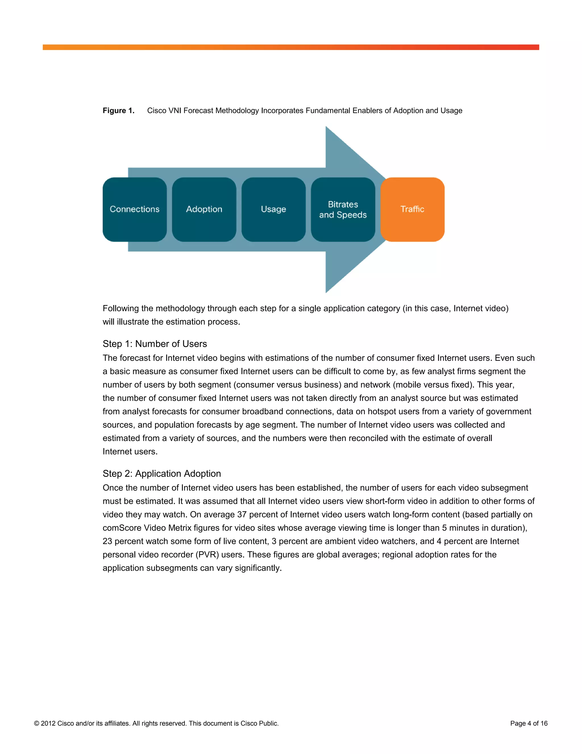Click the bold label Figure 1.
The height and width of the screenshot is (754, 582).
click(118, 110)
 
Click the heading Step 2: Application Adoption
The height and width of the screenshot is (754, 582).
click(162, 473)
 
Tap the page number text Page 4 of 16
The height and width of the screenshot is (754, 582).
click(529, 723)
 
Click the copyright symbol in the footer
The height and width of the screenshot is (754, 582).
click(37, 723)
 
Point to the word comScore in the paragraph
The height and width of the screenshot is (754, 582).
click(122, 528)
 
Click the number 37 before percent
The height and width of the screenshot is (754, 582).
click(242, 514)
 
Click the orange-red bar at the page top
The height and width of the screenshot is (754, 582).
click(291, 47)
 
